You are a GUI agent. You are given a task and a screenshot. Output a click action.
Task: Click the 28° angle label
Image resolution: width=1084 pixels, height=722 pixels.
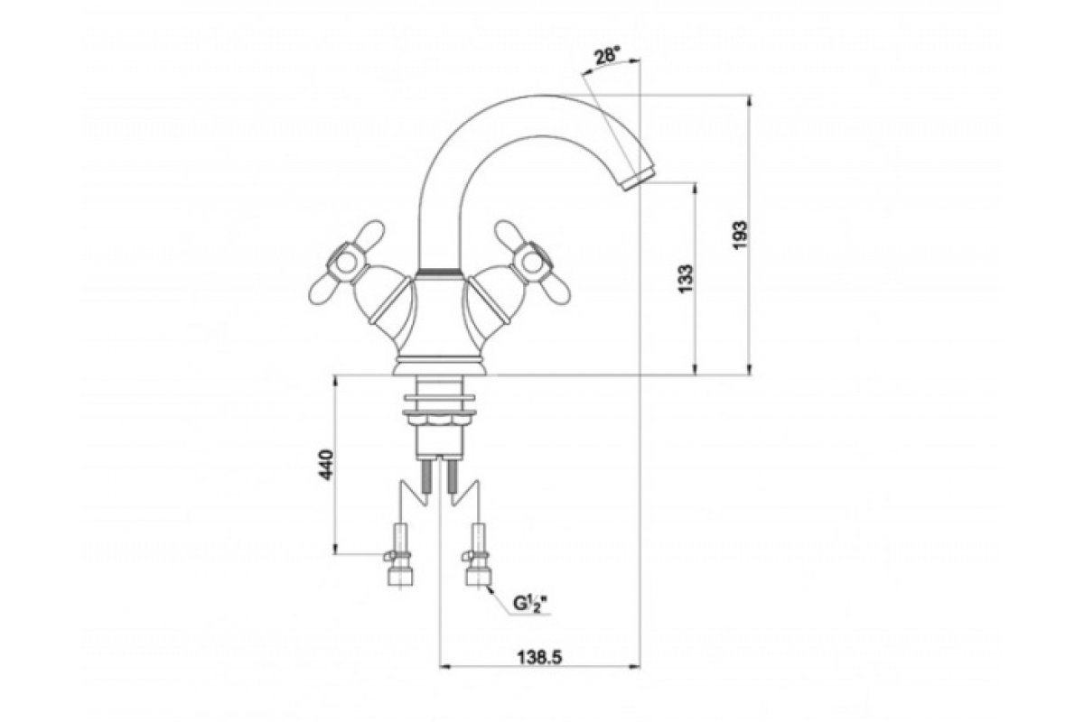click(606, 57)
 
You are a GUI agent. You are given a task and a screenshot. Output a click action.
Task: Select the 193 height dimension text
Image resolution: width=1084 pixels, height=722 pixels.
click(741, 236)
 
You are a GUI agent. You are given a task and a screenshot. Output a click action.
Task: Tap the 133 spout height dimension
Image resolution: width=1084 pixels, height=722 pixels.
click(686, 279)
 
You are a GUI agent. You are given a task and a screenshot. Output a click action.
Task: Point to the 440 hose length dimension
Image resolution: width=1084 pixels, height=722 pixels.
click(327, 465)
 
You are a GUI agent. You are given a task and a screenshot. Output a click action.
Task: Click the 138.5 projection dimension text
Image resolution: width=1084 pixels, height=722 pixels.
click(539, 657)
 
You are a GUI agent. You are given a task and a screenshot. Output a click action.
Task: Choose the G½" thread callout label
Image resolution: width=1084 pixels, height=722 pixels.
click(529, 604)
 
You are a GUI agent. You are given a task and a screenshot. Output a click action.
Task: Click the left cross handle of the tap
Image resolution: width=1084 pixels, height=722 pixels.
click(345, 262)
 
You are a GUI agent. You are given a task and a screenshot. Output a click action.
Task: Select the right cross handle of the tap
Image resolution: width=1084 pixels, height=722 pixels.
click(532, 262)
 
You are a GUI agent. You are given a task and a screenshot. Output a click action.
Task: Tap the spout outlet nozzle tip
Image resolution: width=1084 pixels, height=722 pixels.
click(638, 178)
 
